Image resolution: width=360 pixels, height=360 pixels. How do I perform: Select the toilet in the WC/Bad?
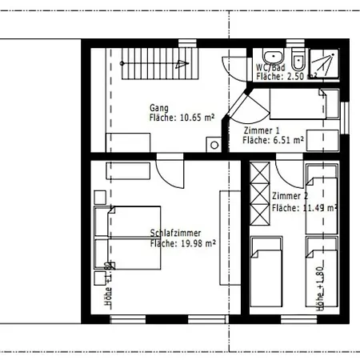pyautogui.click(x=297, y=59)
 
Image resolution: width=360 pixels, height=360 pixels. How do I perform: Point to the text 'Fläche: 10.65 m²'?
pyautogui.click(x=182, y=118)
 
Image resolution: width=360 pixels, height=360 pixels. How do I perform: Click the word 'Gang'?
pyautogui.click(x=159, y=107)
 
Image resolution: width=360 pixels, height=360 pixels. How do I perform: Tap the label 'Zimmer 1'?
pyautogui.click(x=262, y=130)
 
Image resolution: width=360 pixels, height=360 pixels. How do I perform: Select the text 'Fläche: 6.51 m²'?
pyautogui.click(x=273, y=140)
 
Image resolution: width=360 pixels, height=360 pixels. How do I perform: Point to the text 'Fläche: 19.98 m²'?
pyautogui.click(x=183, y=243)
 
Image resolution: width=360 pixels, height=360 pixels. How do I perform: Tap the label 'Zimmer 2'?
pyautogui.click(x=290, y=196)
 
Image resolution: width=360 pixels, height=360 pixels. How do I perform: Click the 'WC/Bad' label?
pyautogui.click(x=269, y=67)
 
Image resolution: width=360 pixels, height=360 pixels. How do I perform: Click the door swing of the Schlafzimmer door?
pyautogui.click(x=170, y=172)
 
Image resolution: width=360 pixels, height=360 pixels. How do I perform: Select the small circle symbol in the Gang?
pyautogui.click(x=214, y=145)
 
